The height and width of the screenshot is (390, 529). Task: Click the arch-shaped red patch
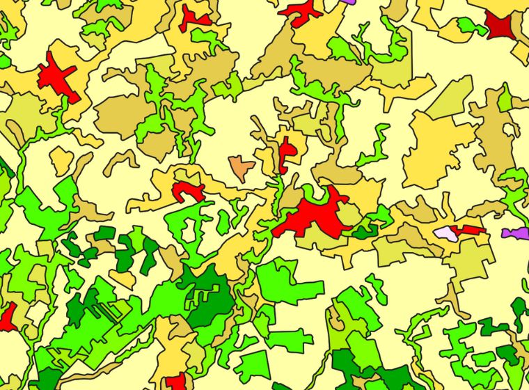(186, 189)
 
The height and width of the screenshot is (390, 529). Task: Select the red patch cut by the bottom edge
(176, 382)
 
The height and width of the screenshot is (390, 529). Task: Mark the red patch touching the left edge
(6, 317)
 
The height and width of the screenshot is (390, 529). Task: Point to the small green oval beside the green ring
(223, 222)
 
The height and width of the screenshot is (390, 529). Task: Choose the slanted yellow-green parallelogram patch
(450, 98)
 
